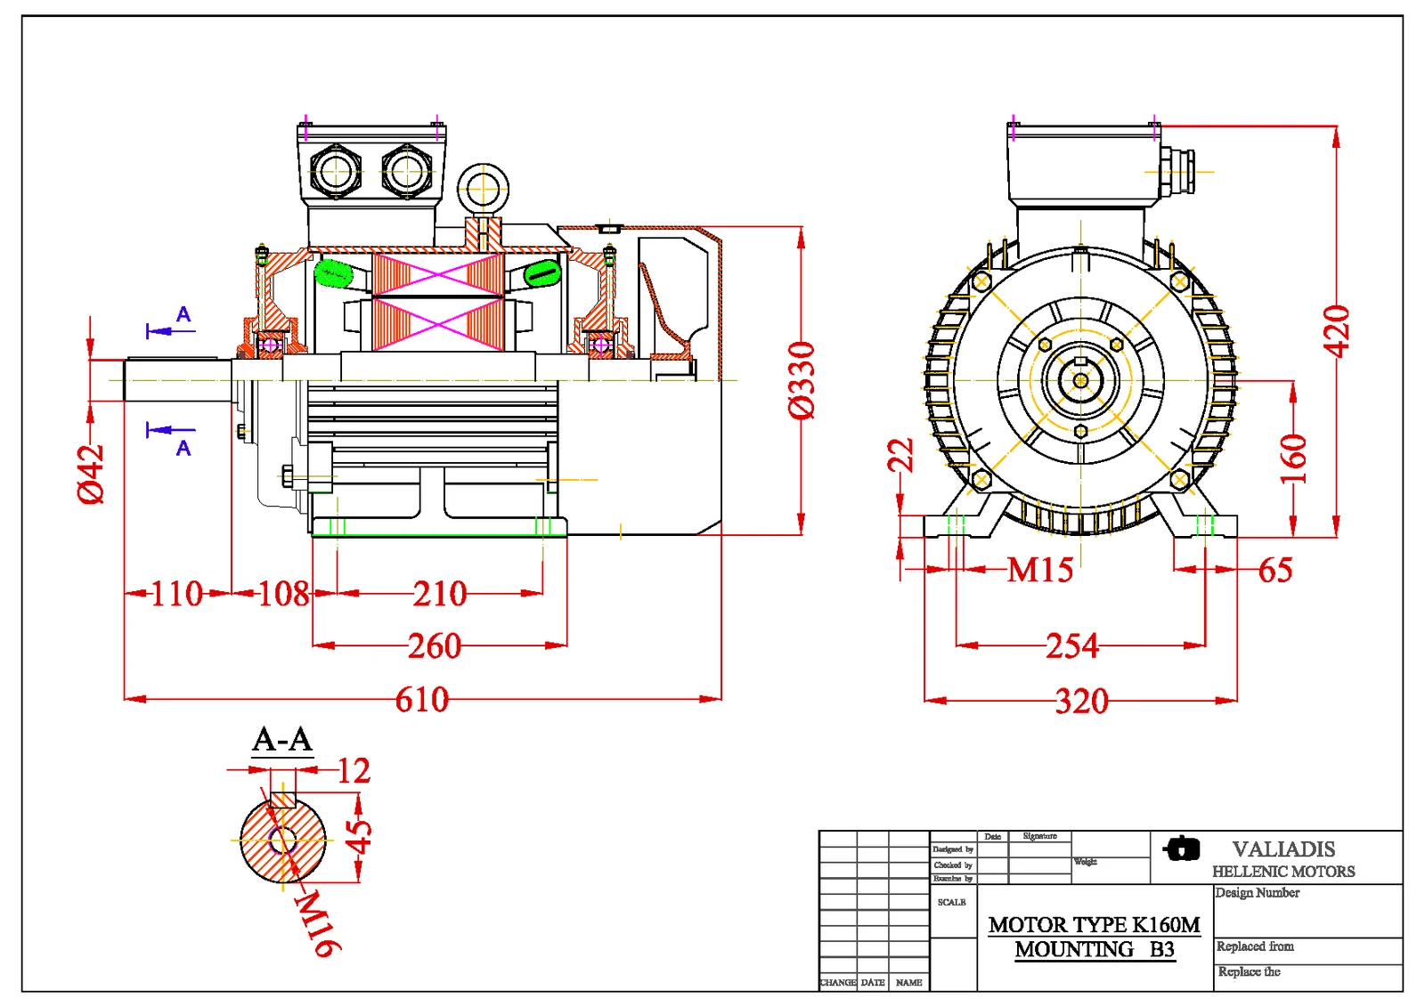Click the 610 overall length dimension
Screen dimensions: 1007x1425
coord(422,700)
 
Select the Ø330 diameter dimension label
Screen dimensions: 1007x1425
coord(802,380)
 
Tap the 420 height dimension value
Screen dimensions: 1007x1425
coord(1337,331)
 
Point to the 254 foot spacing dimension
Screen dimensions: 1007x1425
coord(1072,646)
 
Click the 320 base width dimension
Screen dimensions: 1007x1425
coord(1082,702)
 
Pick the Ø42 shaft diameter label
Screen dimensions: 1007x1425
coord(91,475)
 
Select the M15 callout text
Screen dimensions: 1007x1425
coord(1039,570)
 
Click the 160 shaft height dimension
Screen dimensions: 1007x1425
coord(1293,459)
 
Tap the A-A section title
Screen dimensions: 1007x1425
coord(282,740)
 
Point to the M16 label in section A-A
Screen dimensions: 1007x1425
coord(317,923)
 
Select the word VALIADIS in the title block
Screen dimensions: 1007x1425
coord(1283,849)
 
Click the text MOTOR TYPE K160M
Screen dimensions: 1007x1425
coord(1094,925)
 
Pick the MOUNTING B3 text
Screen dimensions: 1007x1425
coord(1095,950)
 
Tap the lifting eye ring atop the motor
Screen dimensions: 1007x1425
coord(483,189)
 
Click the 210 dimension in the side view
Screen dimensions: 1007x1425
coord(440,594)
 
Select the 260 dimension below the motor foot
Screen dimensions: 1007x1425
coord(435,646)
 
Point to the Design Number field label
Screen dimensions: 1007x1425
coord(1258,893)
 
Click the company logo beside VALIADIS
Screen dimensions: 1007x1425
coord(1182,849)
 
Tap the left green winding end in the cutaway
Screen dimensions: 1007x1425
coord(333,272)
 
